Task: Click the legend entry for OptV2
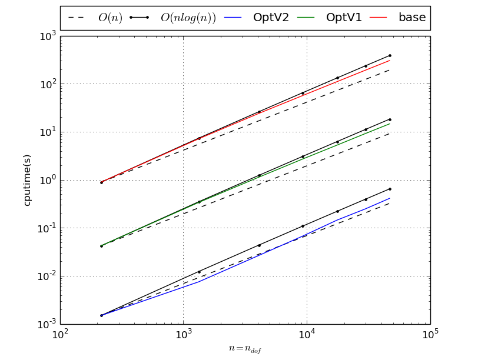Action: click(x=271, y=18)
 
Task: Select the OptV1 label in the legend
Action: click(x=344, y=18)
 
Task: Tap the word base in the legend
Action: click(x=412, y=18)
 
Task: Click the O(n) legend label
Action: click(x=110, y=18)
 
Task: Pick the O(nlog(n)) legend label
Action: click(x=188, y=18)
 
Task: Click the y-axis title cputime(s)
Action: click(x=27, y=180)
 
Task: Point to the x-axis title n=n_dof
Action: click(x=245, y=348)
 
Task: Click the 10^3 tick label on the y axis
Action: click(x=47, y=36)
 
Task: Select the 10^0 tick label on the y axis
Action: click(x=47, y=180)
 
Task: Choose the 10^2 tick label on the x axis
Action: click(x=61, y=335)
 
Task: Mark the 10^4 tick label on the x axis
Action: click(x=307, y=335)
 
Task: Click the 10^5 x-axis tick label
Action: click(x=430, y=335)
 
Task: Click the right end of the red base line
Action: click(x=390, y=60)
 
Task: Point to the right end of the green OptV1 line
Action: click(x=390, y=124)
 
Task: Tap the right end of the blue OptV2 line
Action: click(x=390, y=198)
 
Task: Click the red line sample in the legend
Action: click(x=379, y=18)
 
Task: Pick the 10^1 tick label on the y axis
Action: click(x=47, y=132)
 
